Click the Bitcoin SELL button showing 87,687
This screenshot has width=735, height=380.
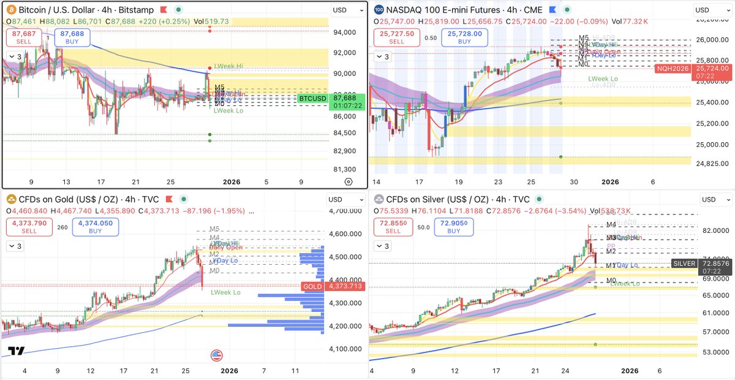[24, 37]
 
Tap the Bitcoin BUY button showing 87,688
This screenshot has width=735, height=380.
[72, 37]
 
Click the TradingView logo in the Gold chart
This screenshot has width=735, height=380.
[17, 351]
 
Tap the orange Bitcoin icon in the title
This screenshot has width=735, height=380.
[11, 10]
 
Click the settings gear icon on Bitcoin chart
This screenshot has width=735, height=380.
[348, 181]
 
